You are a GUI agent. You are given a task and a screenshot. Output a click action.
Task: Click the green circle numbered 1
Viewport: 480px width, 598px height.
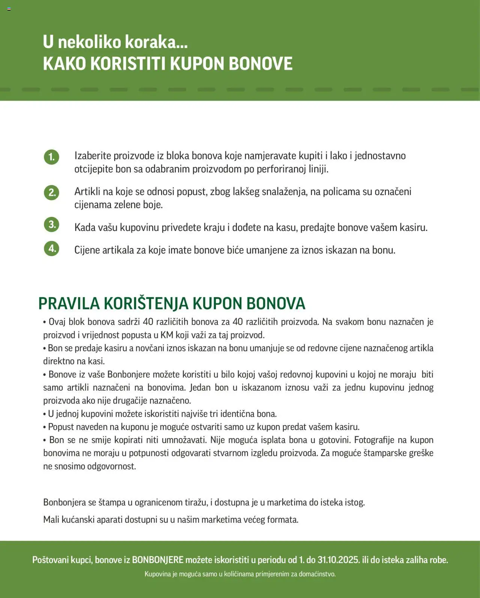tap(52, 157)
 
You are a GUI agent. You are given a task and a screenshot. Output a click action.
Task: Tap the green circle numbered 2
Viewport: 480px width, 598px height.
tap(52, 192)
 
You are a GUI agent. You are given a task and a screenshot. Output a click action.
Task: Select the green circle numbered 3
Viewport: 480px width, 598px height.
tap(52, 225)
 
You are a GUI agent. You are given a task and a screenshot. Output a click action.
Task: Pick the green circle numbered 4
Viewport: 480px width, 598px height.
tap(52, 249)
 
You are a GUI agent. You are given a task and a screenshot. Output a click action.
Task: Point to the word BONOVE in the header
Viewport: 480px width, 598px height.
tap(261, 64)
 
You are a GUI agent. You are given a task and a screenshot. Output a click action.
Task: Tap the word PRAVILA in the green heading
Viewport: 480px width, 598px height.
tap(69, 304)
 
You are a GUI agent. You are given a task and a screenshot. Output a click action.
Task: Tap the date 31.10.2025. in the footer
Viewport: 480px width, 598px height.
tap(339, 560)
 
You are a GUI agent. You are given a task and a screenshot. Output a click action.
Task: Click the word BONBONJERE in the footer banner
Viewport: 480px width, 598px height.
tap(157, 560)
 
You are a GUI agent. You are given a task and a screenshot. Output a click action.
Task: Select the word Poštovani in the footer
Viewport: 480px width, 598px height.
tap(50, 560)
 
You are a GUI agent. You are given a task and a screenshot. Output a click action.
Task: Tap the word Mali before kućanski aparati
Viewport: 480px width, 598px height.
tap(51, 520)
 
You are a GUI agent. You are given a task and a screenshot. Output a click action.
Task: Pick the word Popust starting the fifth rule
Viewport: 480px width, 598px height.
tap(61, 427)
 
